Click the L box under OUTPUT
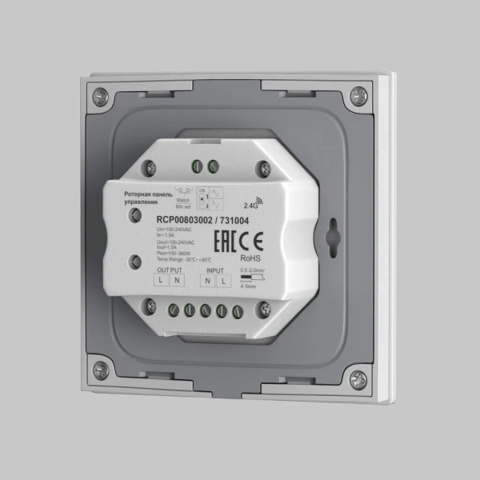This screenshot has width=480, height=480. point(161,280)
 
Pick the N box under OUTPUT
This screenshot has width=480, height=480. point(176,280)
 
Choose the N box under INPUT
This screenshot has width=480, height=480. point(208,281)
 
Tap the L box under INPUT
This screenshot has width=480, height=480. point(224,281)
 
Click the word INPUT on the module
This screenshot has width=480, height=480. point(210,271)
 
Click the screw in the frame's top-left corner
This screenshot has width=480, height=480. point(99,96)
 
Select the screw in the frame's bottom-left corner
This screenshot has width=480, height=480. point(101,370)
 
